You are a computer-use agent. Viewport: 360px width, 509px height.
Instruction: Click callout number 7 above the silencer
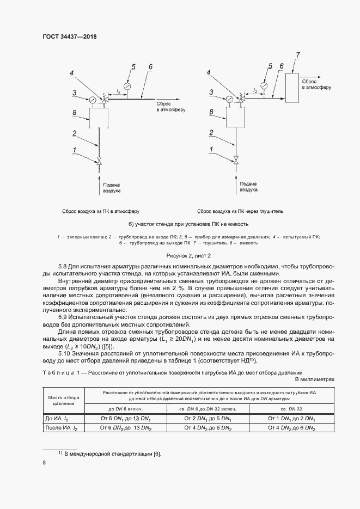click(x=297, y=54)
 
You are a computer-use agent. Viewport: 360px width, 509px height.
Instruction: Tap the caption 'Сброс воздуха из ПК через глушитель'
click(x=240, y=211)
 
